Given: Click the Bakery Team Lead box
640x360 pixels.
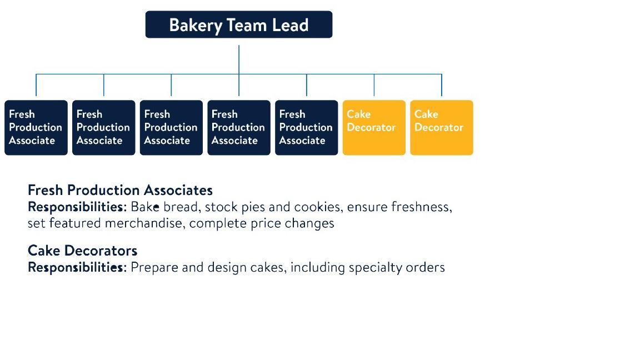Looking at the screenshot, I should tap(239, 24).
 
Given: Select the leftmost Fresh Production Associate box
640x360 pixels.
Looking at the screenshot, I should tap(36, 127).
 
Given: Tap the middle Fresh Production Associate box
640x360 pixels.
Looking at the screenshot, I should tap(171, 127).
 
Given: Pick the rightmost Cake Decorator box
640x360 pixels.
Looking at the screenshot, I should tap(442, 127).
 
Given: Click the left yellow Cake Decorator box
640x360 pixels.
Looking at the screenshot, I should tap(374, 127).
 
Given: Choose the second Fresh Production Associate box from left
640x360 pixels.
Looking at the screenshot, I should tap(104, 127).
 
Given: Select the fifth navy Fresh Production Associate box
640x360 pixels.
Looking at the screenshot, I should tap(307, 127).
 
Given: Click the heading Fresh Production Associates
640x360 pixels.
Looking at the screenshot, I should tap(120, 190).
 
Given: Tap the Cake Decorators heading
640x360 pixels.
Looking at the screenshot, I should tap(82, 250).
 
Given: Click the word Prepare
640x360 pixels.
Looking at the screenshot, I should tap(154, 268).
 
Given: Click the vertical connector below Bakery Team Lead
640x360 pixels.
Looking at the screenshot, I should tap(239, 58).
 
